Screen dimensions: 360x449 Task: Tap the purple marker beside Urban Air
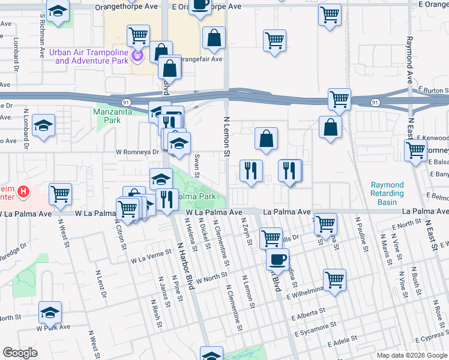137,56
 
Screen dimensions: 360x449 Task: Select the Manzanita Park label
116,116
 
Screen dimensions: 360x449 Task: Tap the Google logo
20,352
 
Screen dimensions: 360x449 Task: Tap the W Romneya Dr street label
137,152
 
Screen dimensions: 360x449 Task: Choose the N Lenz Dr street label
101,285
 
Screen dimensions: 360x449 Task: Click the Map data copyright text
412,355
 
